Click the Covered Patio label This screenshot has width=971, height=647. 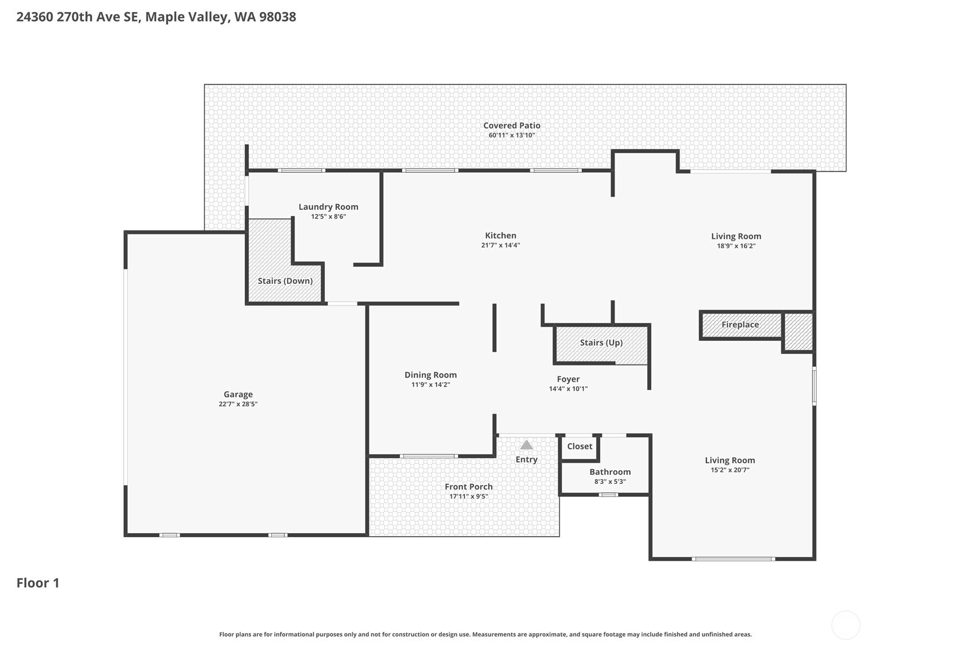tap(512, 125)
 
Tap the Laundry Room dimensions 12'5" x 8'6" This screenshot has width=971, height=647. tap(328, 217)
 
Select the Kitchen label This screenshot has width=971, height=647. tap(501, 235)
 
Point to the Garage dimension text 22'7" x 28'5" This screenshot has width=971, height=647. tap(238, 404)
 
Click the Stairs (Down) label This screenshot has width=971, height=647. tap(285, 281)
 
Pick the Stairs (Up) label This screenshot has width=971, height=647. tap(601, 343)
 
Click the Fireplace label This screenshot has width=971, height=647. tap(740, 324)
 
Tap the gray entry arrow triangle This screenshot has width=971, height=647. tap(526, 445)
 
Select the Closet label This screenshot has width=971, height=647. tap(580, 446)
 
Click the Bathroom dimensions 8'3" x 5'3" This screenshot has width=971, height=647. tap(610, 482)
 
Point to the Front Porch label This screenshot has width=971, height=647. tap(469, 486)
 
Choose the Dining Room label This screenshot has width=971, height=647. tap(430, 375)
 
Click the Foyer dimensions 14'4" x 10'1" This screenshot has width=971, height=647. tap(568, 389)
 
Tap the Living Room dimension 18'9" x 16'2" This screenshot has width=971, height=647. tap(736, 246)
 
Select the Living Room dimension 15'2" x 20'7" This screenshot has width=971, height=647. tap(730, 470)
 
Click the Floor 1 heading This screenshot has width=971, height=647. tap(38, 583)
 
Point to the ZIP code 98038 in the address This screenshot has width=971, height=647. tap(278, 17)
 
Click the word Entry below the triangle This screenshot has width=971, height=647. tap(526, 459)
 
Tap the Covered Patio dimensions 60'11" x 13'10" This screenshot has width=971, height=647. tap(512, 136)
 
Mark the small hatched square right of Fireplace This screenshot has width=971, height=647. tap(798, 332)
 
